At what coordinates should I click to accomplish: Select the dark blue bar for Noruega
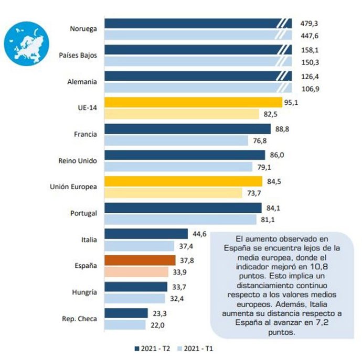[x=192, y=23]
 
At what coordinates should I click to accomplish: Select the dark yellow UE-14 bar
[x=194, y=102]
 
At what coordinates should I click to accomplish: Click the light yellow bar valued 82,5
[x=182, y=114]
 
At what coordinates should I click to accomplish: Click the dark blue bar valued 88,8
[x=188, y=128]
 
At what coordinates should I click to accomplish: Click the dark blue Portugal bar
[x=184, y=208]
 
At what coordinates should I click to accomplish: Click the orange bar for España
[x=140, y=260]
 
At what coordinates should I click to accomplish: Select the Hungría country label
[x=84, y=292]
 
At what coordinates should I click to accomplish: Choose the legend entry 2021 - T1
[x=201, y=347]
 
